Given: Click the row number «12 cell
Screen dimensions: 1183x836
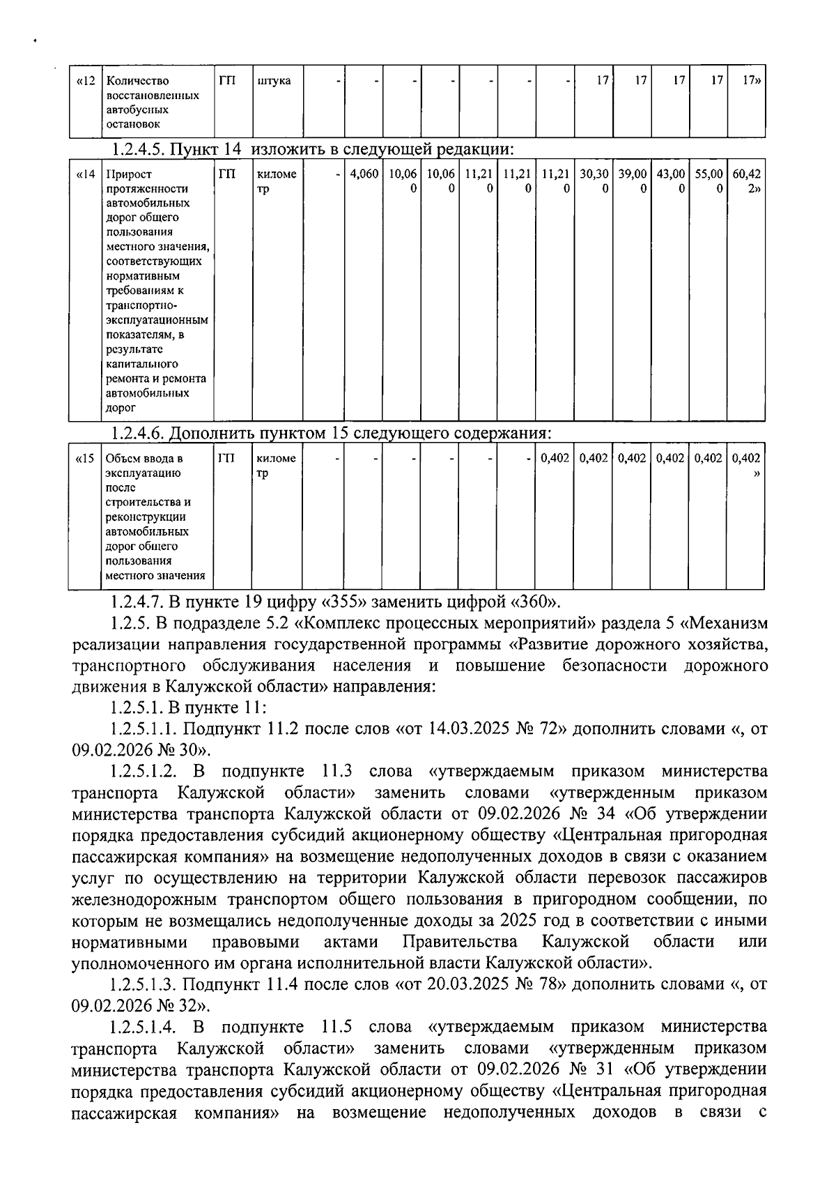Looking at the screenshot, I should [85, 81].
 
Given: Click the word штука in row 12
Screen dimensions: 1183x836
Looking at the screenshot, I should [274, 81].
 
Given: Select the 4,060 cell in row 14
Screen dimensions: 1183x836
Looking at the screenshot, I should [362, 174].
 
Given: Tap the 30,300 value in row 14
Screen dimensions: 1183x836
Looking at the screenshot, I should [594, 181].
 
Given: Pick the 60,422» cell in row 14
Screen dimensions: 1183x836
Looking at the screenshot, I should [746, 181].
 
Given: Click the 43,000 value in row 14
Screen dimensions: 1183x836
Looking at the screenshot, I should [670, 181].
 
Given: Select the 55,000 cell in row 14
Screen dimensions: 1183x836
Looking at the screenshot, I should [708, 181].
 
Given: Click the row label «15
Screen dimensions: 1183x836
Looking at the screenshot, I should [85, 459].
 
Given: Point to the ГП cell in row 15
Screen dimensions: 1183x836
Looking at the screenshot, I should [226, 459].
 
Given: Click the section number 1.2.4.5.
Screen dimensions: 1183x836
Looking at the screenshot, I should [138, 149].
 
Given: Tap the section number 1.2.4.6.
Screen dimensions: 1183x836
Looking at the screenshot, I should [138, 434].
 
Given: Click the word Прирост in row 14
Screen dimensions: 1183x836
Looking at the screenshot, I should [128, 174].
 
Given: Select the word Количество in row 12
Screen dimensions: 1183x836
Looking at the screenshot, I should [137, 81].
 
